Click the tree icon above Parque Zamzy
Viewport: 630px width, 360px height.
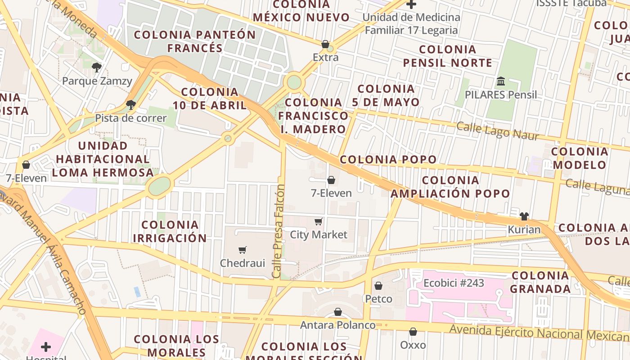click(96, 68)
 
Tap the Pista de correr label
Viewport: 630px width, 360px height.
click(130, 118)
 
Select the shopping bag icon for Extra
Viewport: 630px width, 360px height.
click(325, 44)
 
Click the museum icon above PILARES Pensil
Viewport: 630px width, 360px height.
click(501, 81)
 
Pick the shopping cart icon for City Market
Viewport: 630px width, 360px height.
click(319, 221)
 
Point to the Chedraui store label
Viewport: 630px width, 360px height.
click(243, 263)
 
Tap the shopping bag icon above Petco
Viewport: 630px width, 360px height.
click(378, 286)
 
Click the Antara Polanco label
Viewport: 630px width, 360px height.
click(337, 325)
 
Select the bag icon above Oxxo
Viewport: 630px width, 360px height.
click(413, 332)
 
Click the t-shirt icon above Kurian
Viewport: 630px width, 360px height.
click(524, 216)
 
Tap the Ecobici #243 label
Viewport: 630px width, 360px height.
click(454, 283)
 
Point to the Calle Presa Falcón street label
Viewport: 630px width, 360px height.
click(279, 231)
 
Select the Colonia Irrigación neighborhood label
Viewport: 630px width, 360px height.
click(170, 231)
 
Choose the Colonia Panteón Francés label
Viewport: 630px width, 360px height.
click(195, 41)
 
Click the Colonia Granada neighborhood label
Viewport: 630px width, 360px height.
click(540, 282)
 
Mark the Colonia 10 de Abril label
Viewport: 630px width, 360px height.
click(210, 99)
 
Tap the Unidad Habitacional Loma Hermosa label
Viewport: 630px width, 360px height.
click(103, 159)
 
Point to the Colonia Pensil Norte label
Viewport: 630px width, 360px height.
click(447, 56)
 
